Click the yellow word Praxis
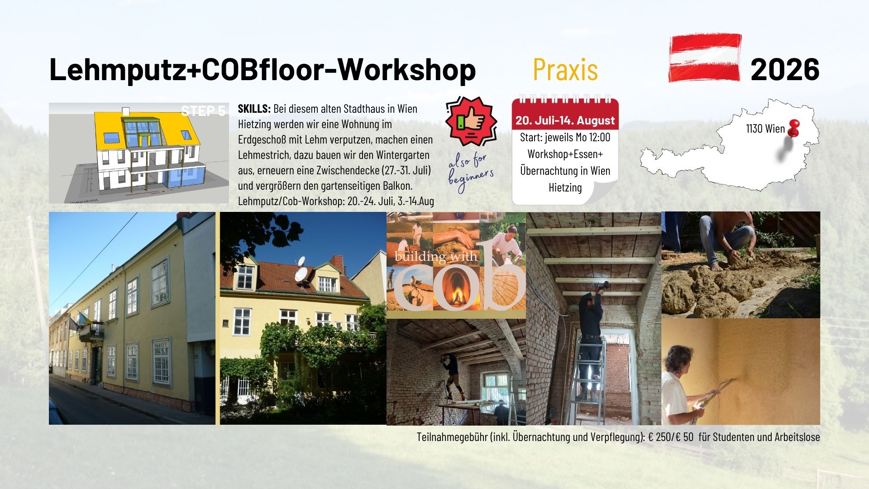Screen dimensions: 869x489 click(x=565, y=70)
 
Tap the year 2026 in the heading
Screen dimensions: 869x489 click(x=785, y=70)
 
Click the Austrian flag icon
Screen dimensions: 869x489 click(x=705, y=58)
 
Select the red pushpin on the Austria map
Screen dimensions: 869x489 click(x=793, y=128)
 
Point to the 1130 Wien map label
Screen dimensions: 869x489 click(x=765, y=129)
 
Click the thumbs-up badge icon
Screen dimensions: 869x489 click(x=471, y=121)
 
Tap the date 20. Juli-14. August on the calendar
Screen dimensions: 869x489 click(x=565, y=120)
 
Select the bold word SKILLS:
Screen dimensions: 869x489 click(x=254, y=109)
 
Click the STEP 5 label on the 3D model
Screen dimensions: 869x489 click(x=203, y=111)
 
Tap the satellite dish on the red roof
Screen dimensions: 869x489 click(x=301, y=272)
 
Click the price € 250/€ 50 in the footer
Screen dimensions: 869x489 click(x=671, y=437)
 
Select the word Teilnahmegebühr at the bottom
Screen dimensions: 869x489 click(x=452, y=437)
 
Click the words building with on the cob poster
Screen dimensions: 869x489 click(x=436, y=257)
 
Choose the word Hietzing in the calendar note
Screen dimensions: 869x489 click(x=565, y=187)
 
